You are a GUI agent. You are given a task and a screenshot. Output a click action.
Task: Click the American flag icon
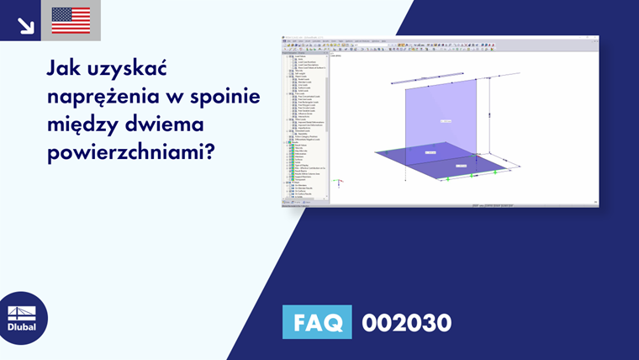[71, 20]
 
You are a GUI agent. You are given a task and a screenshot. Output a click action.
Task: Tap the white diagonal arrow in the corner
[25, 24]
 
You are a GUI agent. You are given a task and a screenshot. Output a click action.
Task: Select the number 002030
[406, 322]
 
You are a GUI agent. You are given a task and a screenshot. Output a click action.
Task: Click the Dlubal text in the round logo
[22, 328]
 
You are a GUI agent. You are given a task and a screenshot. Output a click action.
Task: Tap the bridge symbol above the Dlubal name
[22, 313]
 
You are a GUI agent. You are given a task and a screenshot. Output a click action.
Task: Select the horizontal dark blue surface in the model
[420, 160]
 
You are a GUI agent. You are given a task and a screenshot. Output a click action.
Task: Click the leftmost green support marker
[447, 178]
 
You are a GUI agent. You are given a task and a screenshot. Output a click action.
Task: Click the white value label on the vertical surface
[445, 122]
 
